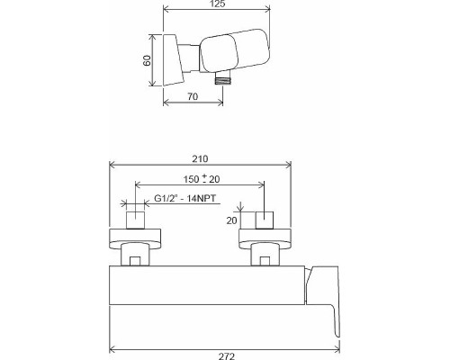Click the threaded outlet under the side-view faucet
tap(220, 79)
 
